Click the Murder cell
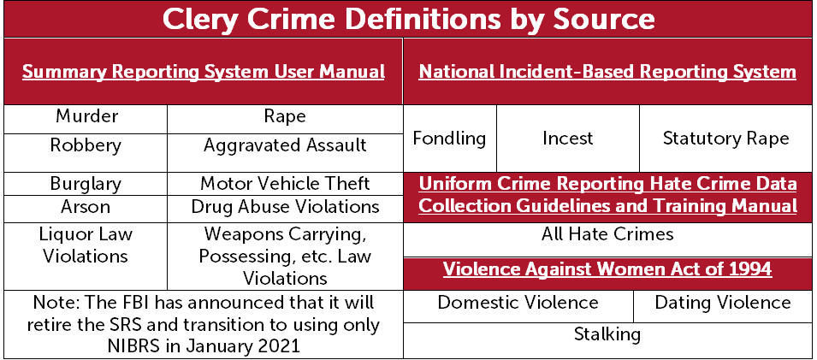(x=86, y=120)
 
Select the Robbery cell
(x=86, y=153)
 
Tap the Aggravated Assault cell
(x=285, y=153)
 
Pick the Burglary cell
(x=86, y=184)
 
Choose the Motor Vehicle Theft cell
(x=285, y=184)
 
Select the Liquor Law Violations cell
(x=86, y=257)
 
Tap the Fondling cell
(x=450, y=139)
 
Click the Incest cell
(x=568, y=139)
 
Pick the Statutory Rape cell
(x=725, y=139)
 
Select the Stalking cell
(x=608, y=340)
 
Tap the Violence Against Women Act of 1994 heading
(x=608, y=270)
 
